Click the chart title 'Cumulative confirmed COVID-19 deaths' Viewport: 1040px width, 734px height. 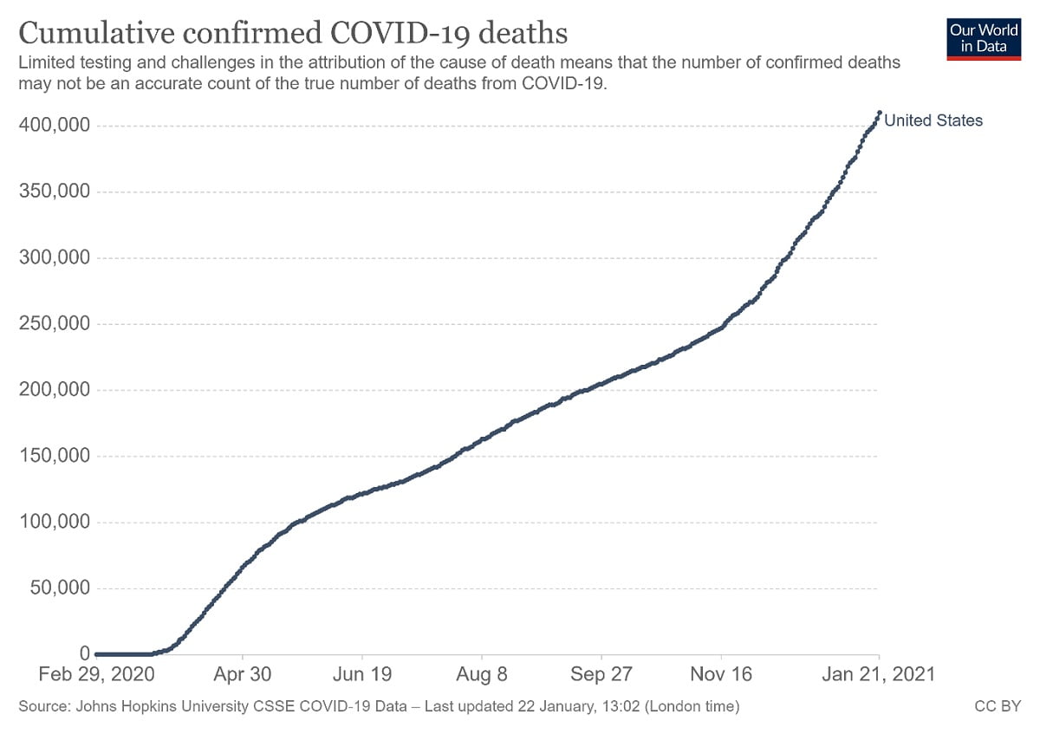(x=293, y=33)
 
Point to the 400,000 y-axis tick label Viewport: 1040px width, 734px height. (x=55, y=126)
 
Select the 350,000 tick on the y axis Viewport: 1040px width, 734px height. (x=55, y=192)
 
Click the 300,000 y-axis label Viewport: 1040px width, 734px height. (x=55, y=257)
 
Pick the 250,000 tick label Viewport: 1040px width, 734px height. (x=55, y=324)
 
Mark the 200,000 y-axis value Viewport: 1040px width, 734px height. (x=55, y=390)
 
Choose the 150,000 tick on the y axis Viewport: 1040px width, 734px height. (x=55, y=456)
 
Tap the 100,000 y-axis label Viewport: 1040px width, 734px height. (x=55, y=522)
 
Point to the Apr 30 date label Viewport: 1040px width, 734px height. (x=243, y=674)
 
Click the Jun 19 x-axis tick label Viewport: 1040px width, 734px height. (x=362, y=674)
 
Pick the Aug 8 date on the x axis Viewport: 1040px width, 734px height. (x=482, y=674)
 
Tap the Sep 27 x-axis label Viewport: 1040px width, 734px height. (x=601, y=674)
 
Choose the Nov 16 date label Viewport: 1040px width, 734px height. (x=721, y=674)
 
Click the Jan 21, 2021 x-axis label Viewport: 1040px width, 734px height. (x=878, y=674)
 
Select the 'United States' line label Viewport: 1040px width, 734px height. (x=933, y=121)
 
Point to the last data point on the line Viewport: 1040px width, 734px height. (x=880, y=113)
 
